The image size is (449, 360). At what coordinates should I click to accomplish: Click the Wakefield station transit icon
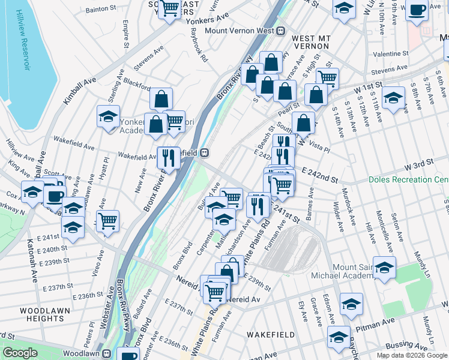(x=205, y=153)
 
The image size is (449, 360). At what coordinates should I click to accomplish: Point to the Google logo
(x=20, y=353)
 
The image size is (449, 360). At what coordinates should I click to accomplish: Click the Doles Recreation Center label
(x=408, y=179)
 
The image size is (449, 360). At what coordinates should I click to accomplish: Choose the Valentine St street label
(x=390, y=54)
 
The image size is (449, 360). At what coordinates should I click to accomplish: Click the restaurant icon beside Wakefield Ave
(x=169, y=157)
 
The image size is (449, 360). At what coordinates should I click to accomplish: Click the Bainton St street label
(x=101, y=10)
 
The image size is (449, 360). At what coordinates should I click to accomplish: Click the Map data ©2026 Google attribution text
(x=411, y=355)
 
